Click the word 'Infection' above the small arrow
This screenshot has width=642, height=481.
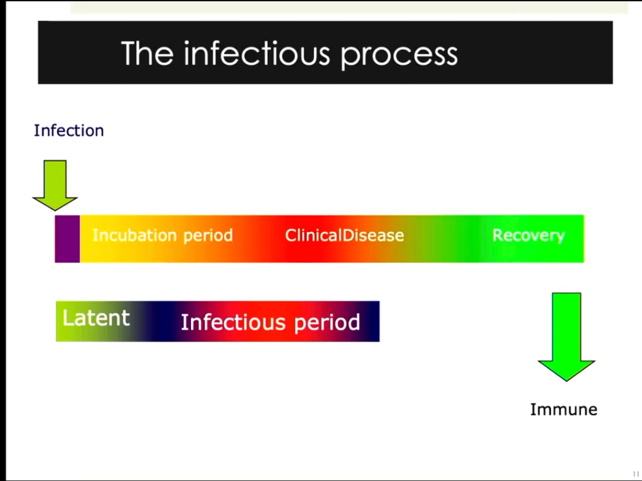click(x=69, y=131)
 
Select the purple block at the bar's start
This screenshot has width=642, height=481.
click(x=67, y=239)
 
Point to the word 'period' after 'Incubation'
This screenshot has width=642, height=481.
click(x=208, y=236)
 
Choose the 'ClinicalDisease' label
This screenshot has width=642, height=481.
click(x=345, y=235)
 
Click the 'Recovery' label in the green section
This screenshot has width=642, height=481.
click(x=528, y=235)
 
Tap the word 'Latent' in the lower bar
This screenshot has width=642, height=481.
click(x=96, y=318)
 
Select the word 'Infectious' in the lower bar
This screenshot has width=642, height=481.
click(x=234, y=322)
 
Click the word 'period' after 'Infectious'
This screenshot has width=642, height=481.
click(x=327, y=322)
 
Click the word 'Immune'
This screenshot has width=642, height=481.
click(x=564, y=410)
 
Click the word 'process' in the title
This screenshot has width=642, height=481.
click(x=399, y=54)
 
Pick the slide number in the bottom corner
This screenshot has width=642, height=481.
click(x=636, y=474)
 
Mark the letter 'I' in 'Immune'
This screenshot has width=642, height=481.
click(x=533, y=410)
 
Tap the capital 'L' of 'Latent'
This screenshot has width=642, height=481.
click(x=67, y=318)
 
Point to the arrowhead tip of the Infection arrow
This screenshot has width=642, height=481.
click(x=55, y=209)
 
